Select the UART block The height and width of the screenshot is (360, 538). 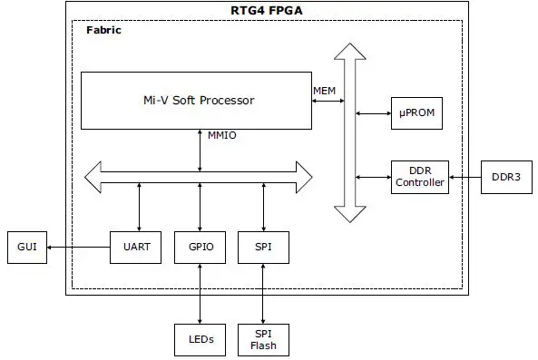(x=137, y=247)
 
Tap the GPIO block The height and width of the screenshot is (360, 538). (x=200, y=247)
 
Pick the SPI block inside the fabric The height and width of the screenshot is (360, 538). (x=262, y=247)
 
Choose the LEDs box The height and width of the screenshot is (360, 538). (x=200, y=340)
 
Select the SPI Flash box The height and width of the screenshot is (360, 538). (x=262, y=340)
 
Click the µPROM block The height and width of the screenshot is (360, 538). (x=418, y=113)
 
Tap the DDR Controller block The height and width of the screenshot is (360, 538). (x=419, y=176)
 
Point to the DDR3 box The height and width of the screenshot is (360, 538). (x=505, y=176)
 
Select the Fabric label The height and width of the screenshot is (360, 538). (x=103, y=30)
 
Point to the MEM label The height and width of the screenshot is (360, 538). (x=324, y=90)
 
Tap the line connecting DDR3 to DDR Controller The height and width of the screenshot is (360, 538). (x=465, y=176)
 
